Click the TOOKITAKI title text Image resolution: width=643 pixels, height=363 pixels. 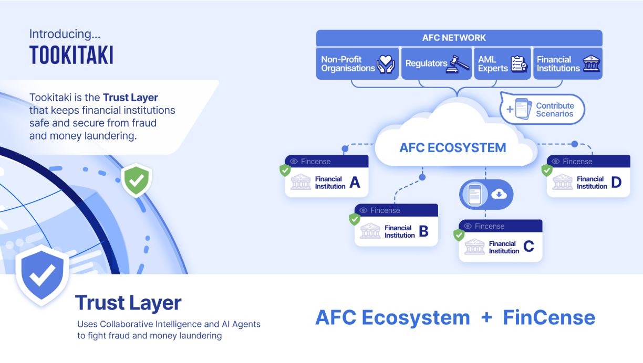(x=71, y=55)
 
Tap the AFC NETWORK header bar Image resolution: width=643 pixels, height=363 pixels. (x=459, y=38)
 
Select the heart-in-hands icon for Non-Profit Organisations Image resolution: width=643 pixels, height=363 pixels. (x=386, y=64)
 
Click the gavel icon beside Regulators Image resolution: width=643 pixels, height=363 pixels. (x=459, y=64)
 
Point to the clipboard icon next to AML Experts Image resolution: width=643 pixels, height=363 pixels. (x=519, y=64)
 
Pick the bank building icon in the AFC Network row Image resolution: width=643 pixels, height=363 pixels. (x=591, y=64)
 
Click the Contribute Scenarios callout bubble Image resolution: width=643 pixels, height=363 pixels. (x=543, y=109)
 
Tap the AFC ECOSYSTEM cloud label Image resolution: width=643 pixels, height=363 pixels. (x=452, y=147)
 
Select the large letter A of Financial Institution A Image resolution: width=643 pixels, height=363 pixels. (x=355, y=183)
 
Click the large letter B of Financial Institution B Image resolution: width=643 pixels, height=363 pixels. (x=424, y=231)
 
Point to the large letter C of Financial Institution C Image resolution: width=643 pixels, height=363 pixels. (x=528, y=247)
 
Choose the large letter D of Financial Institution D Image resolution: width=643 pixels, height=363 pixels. (x=616, y=183)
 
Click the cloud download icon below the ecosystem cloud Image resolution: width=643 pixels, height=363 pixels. (x=499, y=195)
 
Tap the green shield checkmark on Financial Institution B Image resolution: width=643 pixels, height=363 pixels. (x=355, y=219)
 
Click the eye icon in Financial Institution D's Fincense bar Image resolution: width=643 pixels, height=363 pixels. (x=556, y=162)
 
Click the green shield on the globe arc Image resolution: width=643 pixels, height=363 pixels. (x=137, y=180)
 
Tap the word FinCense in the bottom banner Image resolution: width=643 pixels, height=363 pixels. (x=549, y=317)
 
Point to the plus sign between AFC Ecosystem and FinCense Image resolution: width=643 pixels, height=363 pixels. (x=486, y=317)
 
